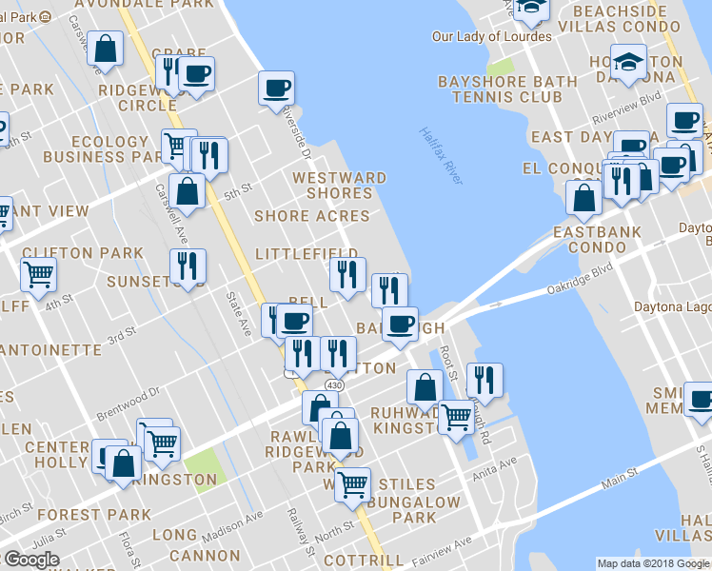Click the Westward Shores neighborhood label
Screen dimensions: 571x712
tap(340, 186)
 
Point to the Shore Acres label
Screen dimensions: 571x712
tap(311, 216)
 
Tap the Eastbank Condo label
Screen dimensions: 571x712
tap(597, 239)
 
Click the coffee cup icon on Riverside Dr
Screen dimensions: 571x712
tap(277, 89)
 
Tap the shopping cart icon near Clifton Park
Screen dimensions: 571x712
tap(38, 274)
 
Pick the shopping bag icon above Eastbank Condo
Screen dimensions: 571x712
tap(583, 197)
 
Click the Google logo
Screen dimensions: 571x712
tap(31, 559)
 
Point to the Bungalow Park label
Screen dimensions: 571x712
tap(415, 509)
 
